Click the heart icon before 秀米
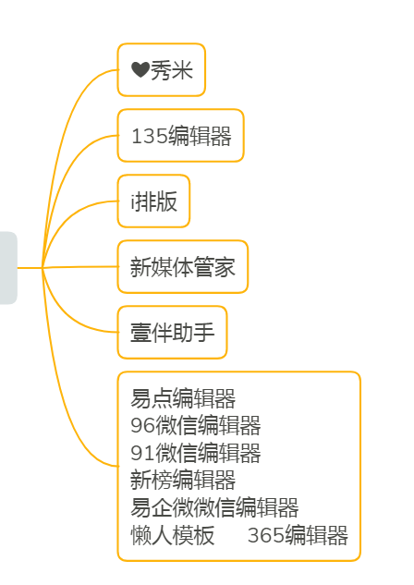(x=140, y=70)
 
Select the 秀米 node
(x=162, y=70)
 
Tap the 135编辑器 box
(x=180, y=136)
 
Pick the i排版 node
(x=153, y=201)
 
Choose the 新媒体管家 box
(x=182, y=267)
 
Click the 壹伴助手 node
(x=172, y=332)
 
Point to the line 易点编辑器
(x=183, y=399)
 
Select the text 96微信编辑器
(x=195, y=426)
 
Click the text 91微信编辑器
(x=195, y=453)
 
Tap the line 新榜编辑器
(x=183, y=481)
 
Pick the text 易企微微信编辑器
(x=214, y=507)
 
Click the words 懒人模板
(x=172, y=535)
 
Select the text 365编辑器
(x=298, y=535)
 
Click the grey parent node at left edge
(x=7, y=267)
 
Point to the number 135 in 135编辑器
(x=149, y=137)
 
